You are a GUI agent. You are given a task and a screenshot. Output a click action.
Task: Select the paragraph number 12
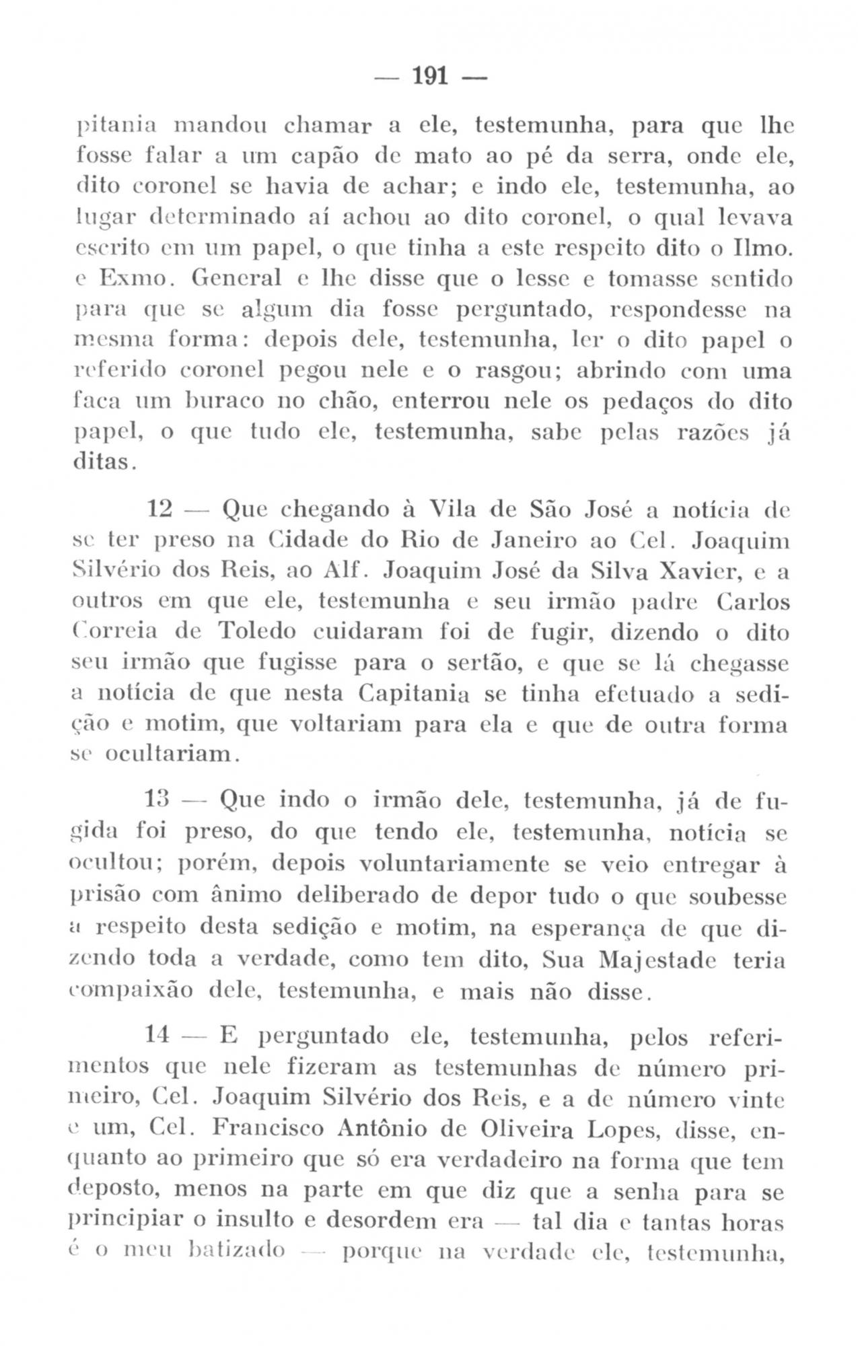click(x=160, y=509)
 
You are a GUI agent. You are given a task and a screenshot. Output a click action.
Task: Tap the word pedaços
click(x=645, y=404)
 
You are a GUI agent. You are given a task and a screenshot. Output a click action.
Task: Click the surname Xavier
click(x=699, y=573)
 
